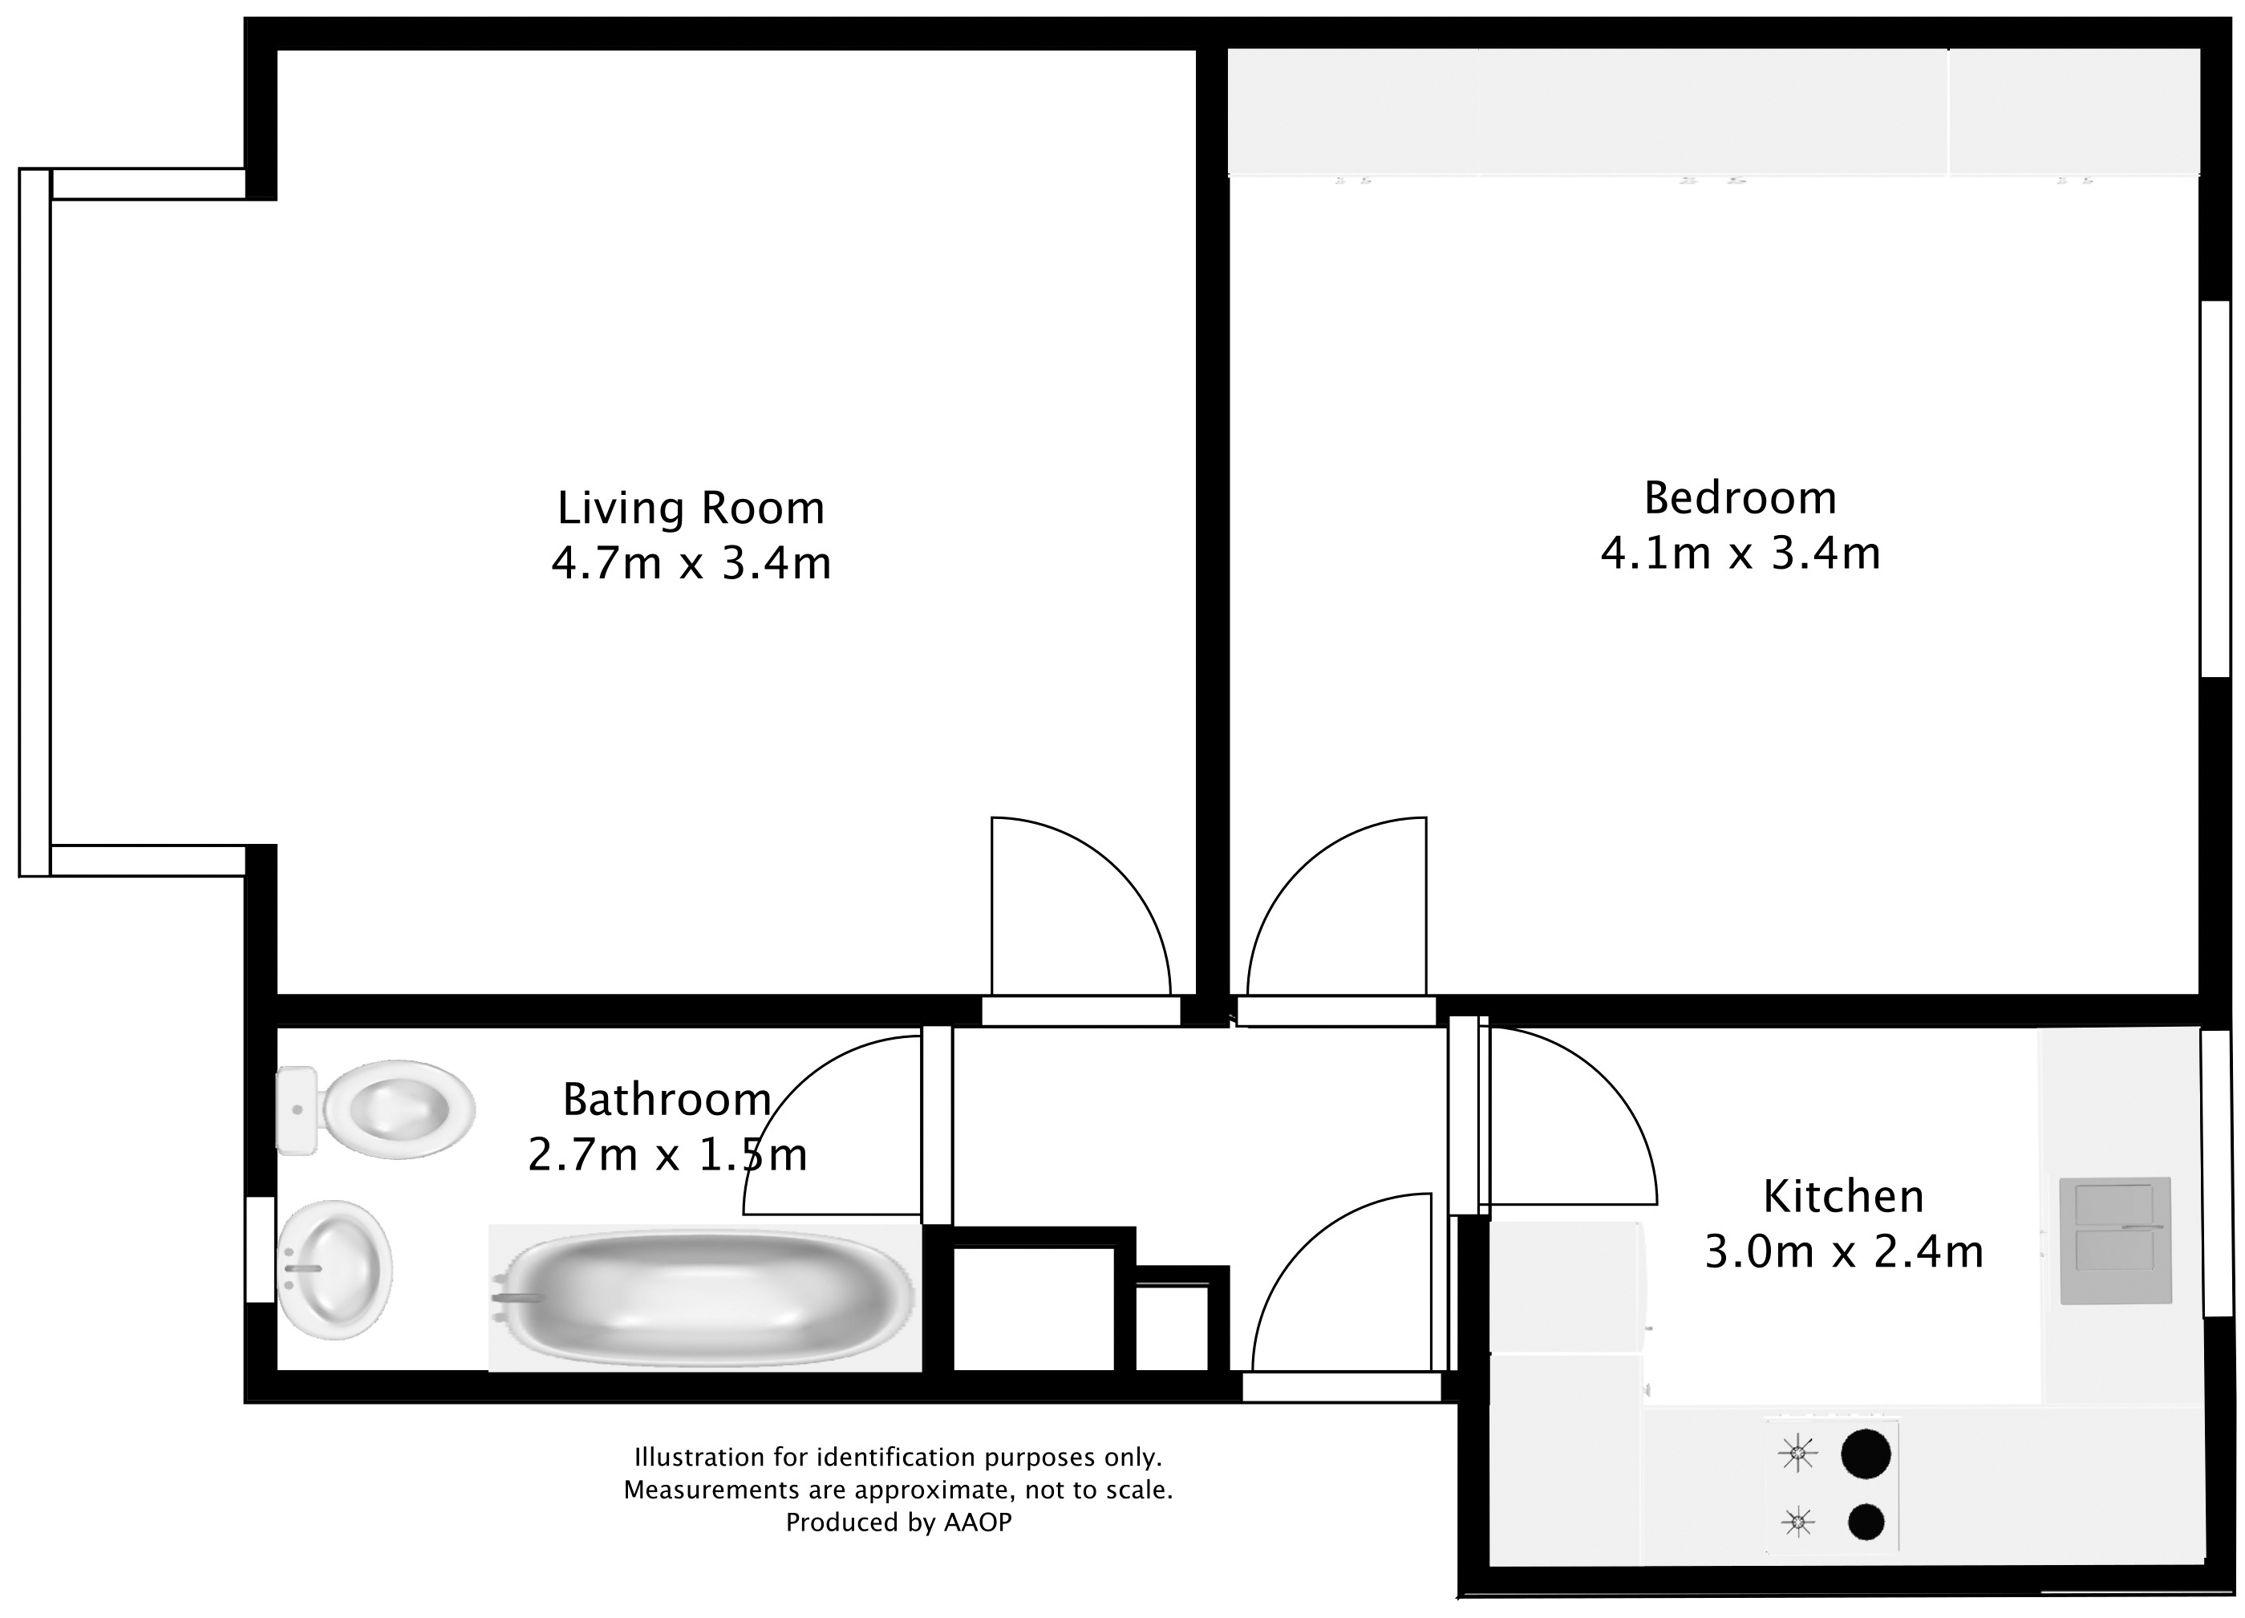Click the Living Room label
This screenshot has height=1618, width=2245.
click(690, 508)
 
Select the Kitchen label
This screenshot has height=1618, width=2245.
click(1843, 1196)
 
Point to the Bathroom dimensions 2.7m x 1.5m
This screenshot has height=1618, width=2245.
click(667, 1154)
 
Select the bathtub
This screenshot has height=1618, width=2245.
click(705, 1297)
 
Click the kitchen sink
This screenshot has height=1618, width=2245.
click(2114, 1241)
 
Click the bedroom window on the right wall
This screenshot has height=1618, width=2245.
click(2215, 489)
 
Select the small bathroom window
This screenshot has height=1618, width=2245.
click(261, 1249)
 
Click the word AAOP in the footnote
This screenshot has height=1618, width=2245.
click(977, 1522)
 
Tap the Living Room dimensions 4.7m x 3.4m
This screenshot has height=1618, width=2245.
click(690, 563)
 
